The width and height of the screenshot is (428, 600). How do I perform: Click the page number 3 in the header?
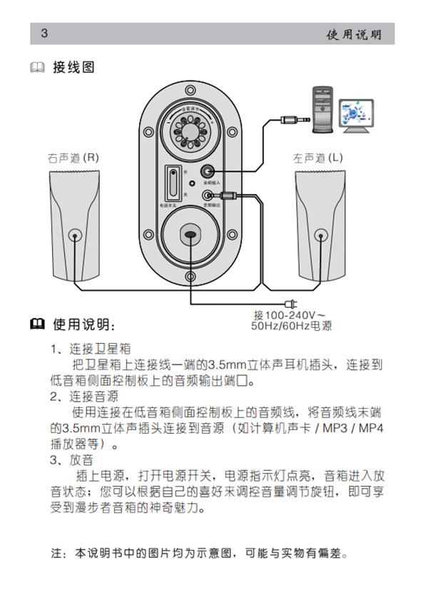click(x=44, y=34)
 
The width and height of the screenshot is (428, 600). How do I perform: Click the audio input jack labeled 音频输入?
click(x=208, y=171)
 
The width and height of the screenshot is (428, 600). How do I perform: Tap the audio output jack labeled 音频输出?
click(x=208, y=195)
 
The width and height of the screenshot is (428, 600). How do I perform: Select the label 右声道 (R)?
click(x=73, y=157)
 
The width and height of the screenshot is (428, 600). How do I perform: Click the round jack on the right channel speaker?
click(x=75, y=235)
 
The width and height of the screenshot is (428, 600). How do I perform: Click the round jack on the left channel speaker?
click(x=318, y=235)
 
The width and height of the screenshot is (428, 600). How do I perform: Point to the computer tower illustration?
click(x=322, y=108)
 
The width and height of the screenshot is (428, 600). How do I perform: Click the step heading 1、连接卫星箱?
click(x=89, y=350)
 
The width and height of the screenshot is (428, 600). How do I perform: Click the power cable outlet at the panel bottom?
click(x=190, y=235)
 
